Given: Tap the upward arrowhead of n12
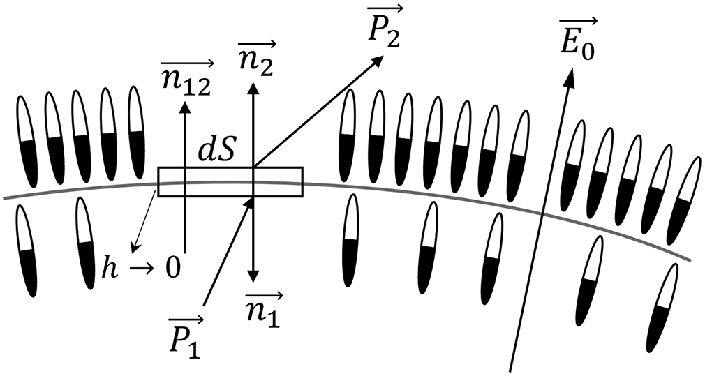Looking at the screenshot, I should (185, 107).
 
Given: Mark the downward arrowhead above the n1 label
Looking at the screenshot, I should (253, 274).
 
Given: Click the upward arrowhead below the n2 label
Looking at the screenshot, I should (253, 89).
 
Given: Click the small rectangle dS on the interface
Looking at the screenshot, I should (230, 182).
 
